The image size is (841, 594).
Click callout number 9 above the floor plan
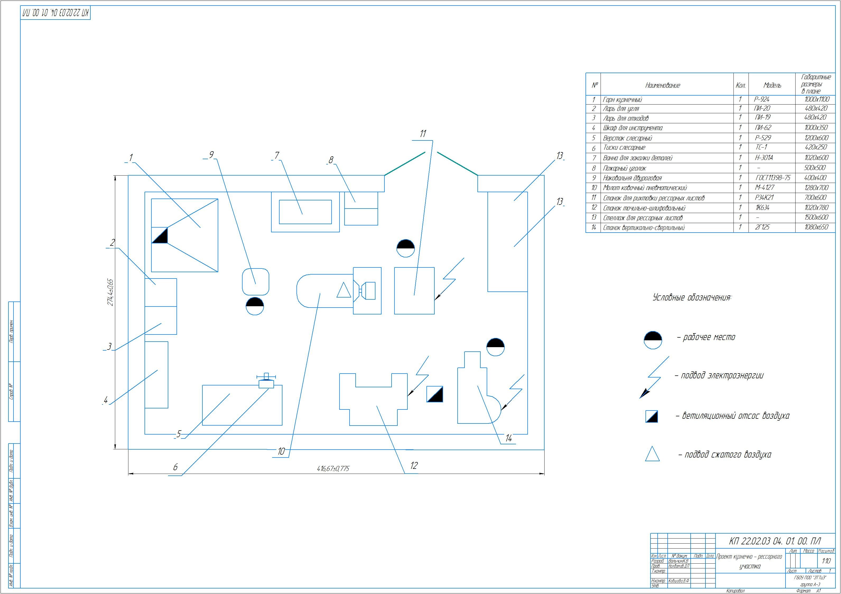point(211,155)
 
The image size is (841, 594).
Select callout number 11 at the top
point(423,134)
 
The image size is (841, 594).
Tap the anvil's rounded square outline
point(256,281)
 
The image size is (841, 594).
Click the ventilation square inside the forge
point(160,235)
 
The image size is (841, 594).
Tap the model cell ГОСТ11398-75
point(773,178)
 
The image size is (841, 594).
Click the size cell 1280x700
point(816,188)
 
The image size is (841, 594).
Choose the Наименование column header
point(663,86)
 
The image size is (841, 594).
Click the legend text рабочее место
point(709,337)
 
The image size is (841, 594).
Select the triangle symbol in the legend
point(652,454)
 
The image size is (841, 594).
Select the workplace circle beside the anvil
point(255,306)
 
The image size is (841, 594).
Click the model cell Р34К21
point(764,198)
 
